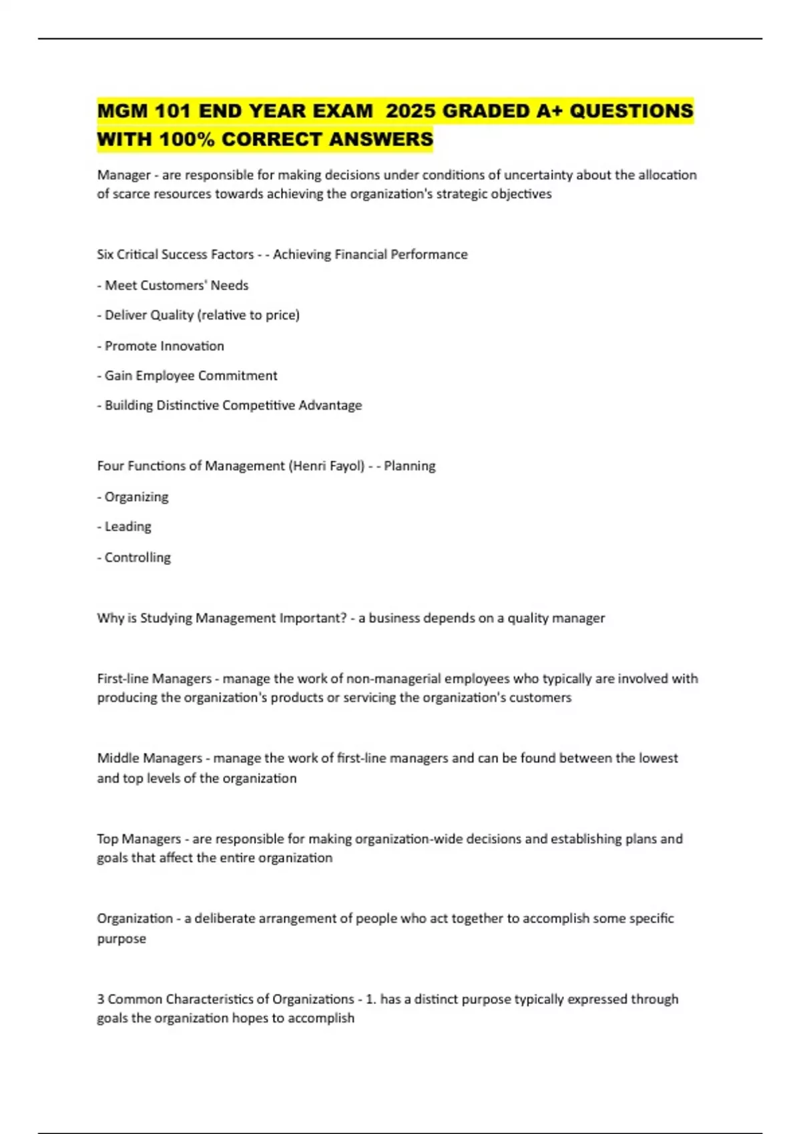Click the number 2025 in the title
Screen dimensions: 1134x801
pyautogui.click(x=411, y=111)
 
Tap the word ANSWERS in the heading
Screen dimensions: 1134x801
pyautogui.click(x=381, y=139)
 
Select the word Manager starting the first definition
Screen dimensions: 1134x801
pyautogui.click(x=123, y=175)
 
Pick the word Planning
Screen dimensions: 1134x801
pyautogui.click(x=409, y=466)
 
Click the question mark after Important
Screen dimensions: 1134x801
pyautogui.click(x=344, y=618)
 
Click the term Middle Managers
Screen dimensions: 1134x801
pyautogui.click(x=150, y=758)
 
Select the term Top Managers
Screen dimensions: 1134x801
pyautogui.click(x=139, y=838)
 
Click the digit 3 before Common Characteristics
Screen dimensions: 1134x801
pyautogui.click(x=101, y=999)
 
